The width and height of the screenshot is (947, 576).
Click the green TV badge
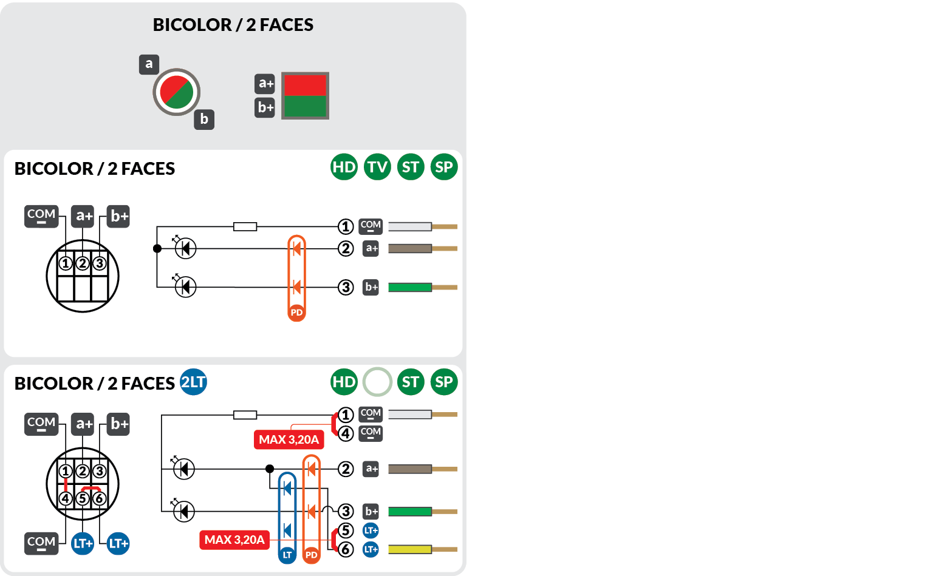(377, 167)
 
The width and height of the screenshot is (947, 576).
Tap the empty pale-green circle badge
(377, 382)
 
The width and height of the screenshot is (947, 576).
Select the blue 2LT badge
(194, 382)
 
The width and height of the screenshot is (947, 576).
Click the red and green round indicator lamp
(176, 92)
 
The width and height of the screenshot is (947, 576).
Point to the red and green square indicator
(305, 96)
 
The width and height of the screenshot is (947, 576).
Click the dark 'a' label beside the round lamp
(149, 64)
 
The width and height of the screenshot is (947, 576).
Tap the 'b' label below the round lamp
(204, 119)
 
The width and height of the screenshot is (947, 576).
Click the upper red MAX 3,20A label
(289, 439)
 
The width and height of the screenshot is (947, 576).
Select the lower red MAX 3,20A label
(234, 540)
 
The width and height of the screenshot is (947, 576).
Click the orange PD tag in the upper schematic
(296, 313)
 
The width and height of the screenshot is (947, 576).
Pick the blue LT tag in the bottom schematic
(287, 555)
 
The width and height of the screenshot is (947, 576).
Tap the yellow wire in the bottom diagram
(410, 549)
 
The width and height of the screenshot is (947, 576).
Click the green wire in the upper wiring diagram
(410, 287)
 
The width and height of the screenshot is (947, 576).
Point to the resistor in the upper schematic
(245, 226)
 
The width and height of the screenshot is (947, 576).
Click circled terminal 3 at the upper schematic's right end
(346, 287)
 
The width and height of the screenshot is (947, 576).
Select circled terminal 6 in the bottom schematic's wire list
(346, 549)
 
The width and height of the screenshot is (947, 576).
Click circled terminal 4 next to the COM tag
(346, 433)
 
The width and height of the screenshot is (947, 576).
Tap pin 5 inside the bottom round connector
(83, 498)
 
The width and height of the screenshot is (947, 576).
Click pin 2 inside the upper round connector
(83, 263)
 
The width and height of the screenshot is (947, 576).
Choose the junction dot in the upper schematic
(157, 248)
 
